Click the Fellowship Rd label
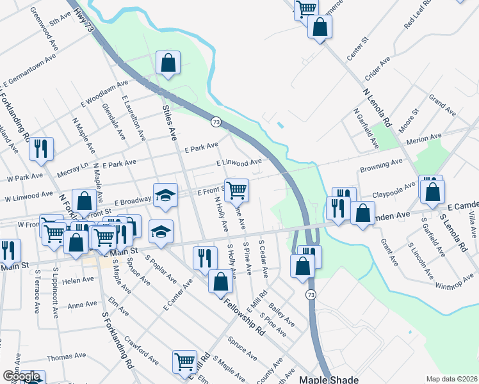244,316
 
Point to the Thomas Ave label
66,356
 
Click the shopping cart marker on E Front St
236,189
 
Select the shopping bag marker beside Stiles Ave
168,63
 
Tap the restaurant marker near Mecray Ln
41,148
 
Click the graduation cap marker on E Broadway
165,195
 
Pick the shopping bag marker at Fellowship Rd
220,280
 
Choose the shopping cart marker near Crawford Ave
185,361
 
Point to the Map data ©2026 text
451,379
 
